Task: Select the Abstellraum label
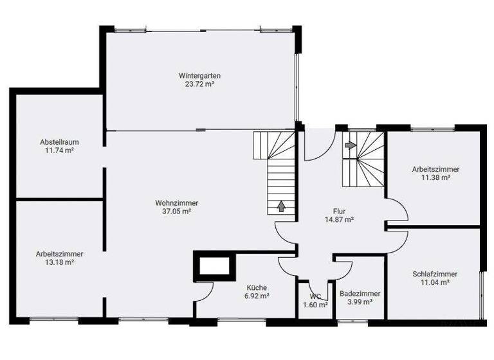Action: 55,141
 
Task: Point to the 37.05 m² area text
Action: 177,211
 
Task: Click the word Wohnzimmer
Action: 177,203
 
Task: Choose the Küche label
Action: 256,287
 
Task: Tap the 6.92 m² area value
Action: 256,296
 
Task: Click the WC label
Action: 315,296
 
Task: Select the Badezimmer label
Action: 360,293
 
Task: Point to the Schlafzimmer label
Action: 435,273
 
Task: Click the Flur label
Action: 340,210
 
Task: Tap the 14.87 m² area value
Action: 340,219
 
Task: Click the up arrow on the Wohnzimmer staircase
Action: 280,206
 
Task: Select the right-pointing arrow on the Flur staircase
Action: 351,145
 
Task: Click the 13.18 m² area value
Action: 59,262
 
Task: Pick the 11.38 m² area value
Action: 435,177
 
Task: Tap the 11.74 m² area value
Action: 55,150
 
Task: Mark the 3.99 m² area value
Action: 360,302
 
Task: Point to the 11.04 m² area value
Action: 435,282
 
